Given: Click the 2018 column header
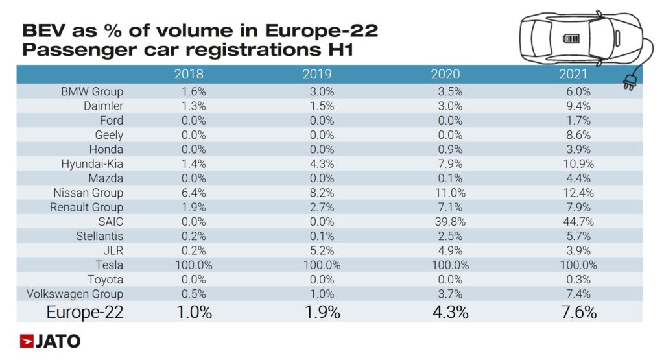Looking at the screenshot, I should pyautogui.click(x=189, y=74).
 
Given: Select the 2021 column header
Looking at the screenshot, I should pyautogui.click(x=573, y=74).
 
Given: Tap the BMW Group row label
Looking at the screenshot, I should pyautogui.click(x=92, y=91).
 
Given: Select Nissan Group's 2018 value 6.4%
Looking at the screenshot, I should pyautogui.click(x=190, y=193).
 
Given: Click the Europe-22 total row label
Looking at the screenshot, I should pyautogui.click(x=84, y=312).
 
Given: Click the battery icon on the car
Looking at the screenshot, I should pyautogui.click(x=572, y=38).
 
